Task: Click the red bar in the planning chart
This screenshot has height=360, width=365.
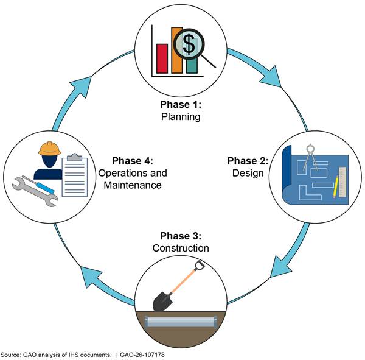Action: (162, 58)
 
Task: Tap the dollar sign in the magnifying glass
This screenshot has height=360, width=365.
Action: (189, 44)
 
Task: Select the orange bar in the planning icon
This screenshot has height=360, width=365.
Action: (177, 50)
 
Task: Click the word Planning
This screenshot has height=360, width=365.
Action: (181, 116)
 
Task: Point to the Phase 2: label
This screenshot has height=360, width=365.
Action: (248, 161)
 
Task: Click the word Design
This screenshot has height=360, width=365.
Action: (248, 173)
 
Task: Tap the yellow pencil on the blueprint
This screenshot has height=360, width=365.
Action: (336, 187)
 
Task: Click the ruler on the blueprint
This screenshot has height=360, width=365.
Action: (342, 182)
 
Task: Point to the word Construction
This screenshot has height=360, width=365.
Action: (181, 248)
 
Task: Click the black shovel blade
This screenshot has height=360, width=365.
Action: (162, 301)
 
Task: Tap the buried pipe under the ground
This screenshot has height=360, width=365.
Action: (181, 322)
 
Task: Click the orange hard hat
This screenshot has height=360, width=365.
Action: (50, 148)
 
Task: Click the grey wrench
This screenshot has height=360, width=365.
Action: (35, 192)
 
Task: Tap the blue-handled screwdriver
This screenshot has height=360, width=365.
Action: (39, 185)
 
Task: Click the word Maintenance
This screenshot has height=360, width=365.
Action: (133, 185)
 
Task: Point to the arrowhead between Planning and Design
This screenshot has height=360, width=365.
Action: (272, 77)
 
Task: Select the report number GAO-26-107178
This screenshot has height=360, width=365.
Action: (142, 355)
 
